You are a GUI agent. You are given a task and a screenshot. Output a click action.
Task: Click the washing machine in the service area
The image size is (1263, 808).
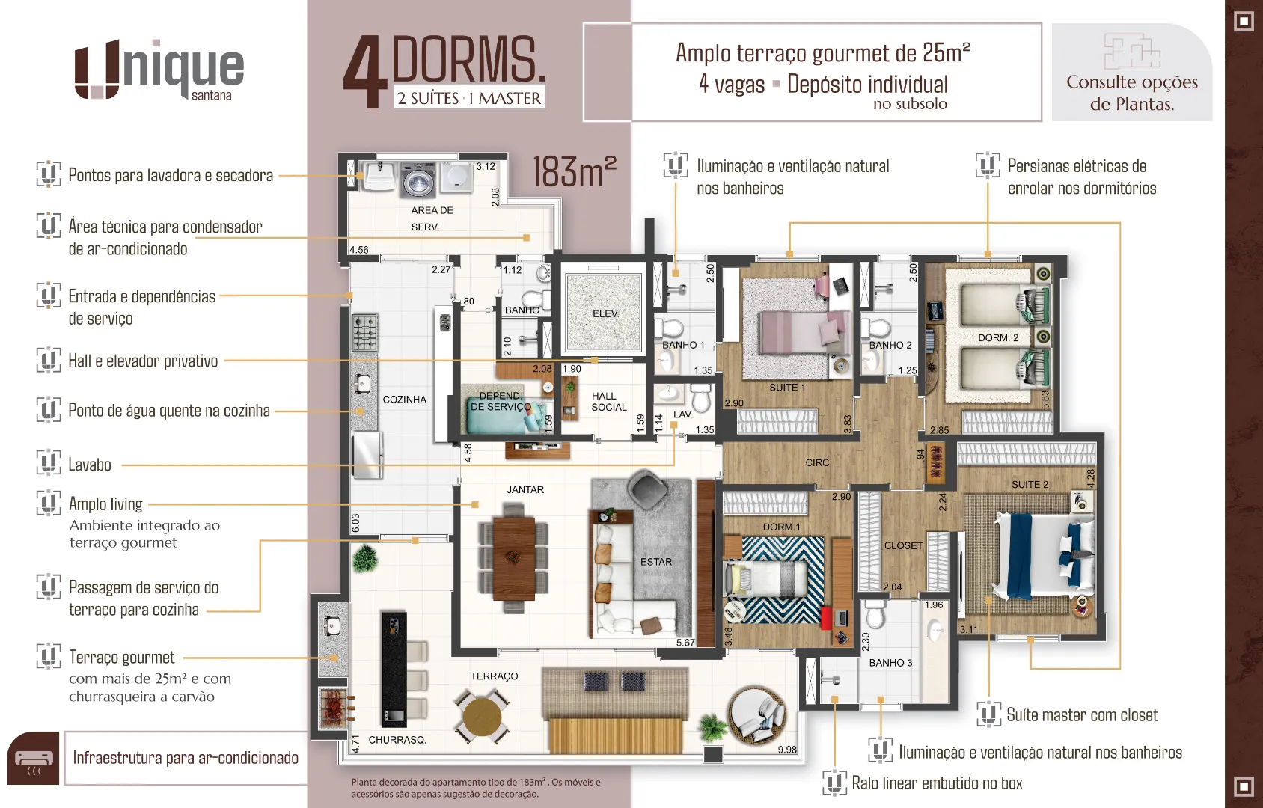click(x=418, y=180)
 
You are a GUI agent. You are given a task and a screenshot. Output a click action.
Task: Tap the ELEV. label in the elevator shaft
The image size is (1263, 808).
click(x=605, y=313)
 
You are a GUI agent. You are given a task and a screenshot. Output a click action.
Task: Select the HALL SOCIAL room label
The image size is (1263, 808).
click(x=609, y=402)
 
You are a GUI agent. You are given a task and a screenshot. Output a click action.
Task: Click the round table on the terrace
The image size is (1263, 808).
click(x=482, y=717)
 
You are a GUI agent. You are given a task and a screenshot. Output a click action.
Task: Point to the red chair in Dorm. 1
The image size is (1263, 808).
click(x=827, y=618)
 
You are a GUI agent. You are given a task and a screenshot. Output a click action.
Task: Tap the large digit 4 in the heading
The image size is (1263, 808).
click(x=365, y=72)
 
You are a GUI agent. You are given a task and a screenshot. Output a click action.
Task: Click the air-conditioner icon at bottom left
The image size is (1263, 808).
click(x=33, y=759)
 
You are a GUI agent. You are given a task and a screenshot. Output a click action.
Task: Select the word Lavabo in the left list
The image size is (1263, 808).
click(x=90, y=465)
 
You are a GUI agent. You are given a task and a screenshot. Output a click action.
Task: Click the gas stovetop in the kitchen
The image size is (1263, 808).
click(x=364, y=333)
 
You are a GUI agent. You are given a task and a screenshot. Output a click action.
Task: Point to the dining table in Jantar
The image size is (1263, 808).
click(x=514, y=558)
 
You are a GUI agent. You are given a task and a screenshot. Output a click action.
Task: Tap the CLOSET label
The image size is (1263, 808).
click(x=903, y=546)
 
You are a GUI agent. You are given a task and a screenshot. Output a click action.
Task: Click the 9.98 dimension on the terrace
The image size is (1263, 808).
click(x=787, y=750)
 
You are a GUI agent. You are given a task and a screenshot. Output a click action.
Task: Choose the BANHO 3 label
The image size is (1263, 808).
click(x=890, y=663)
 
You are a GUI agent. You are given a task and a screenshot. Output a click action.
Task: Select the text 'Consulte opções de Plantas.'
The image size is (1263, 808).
click(x=1132, y=93)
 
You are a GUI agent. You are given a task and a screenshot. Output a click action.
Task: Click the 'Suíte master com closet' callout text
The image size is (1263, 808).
click(x=1082, y=715)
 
